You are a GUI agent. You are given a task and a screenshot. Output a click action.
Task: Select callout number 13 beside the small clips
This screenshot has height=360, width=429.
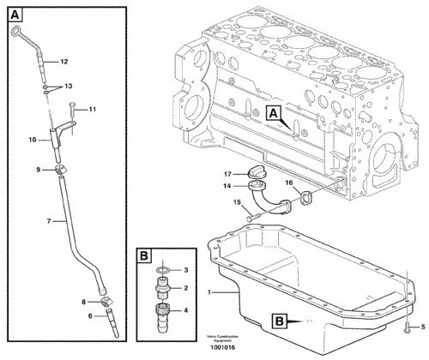pyautogui.click(x=68, y=87)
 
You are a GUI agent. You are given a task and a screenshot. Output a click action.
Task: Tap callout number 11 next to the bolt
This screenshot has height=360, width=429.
pyautogui.click(x=92, y=109)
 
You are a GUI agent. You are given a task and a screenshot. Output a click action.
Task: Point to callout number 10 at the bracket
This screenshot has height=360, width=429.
pyautogui.click(x=32, y=138)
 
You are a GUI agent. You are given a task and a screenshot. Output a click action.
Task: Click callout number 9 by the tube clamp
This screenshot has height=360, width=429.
pyautogui.click(x=39, y=170)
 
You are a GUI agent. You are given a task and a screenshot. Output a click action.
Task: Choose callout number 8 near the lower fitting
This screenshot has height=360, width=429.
pyautogui.click(x=83, y=302)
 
